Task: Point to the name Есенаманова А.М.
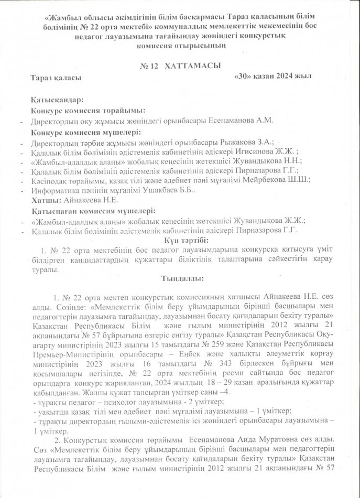(x=244, y=121)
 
